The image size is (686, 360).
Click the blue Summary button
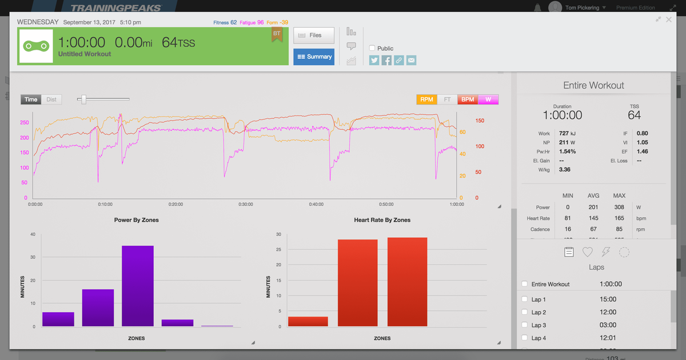(x=314, y=57)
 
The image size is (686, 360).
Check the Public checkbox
(x=373, y=49)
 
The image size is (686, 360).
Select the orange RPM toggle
(x=426, y=99)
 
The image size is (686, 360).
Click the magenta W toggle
(x=488, y=99)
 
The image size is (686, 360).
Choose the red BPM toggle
(x=468, y=99)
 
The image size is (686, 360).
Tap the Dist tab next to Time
(x=51, y=99)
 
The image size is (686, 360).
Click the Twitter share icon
(x=374, y=60)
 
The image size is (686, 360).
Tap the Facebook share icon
(x=386, y=60)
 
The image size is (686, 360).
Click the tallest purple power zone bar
(x=138, y=286)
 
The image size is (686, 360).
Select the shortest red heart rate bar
(x=308, y=321)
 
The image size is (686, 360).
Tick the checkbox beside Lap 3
(x=525, y=325)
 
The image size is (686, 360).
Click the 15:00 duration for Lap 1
(x=608, y=299)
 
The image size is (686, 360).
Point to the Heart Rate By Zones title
(x=382, y=220)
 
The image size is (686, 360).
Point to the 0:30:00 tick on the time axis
(x=245, y=204)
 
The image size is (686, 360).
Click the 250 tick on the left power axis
(x=24, y=123)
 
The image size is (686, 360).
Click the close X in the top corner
(x=669, y=19)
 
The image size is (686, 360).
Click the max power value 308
(x=619, y=207)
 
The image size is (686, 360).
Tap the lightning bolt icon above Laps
(x=606, y=251)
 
